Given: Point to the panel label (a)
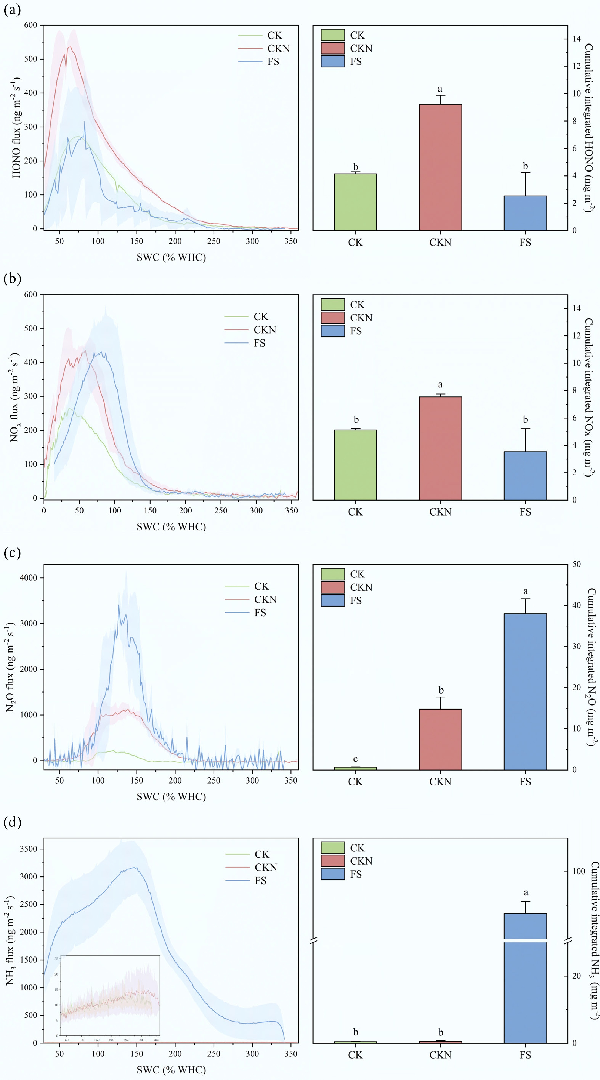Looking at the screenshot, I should click(x=12, y=9).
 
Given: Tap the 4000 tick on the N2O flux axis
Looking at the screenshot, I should click(x=28, y=578).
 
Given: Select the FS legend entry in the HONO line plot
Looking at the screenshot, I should click(x=273, y=62).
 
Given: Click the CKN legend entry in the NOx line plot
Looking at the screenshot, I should click(x=265, y=330).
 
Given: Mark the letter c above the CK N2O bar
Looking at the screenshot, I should click(x=355, y=758).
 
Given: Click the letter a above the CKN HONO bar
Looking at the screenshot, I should click(x=440, y=89).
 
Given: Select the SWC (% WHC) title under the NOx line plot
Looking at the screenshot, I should click(x=171, y=526).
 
